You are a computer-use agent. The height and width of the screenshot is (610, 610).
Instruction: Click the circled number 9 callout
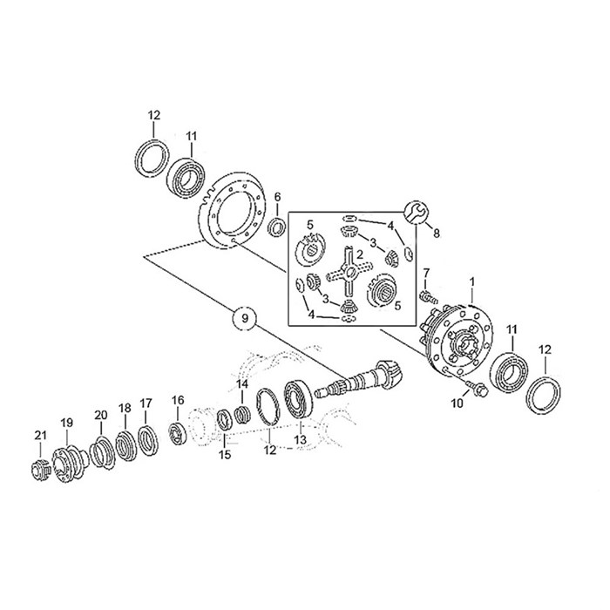point(245,319)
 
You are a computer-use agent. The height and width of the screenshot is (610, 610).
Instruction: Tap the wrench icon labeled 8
point(416,211)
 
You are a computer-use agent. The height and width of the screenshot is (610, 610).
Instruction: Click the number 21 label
point(39,436)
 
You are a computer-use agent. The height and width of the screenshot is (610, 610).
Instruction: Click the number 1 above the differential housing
point(472,282)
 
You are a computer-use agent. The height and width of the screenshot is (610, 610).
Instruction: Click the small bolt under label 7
point(426,297)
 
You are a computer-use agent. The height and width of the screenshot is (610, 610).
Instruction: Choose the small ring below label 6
point(277,227)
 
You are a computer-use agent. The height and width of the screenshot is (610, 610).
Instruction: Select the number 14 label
point(243,384)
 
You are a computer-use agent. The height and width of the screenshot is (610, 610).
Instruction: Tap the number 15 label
point(225,455)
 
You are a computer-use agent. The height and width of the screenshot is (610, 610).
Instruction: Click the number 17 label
point(146,403)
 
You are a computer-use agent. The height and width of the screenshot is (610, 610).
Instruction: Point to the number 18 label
point(125,409)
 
